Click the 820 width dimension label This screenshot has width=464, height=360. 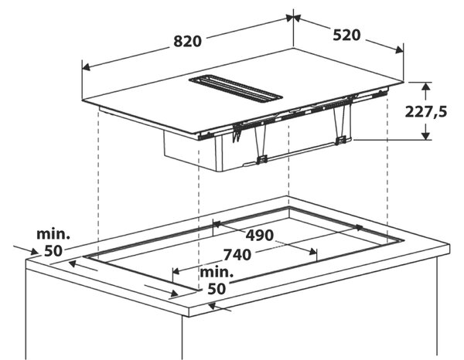pyautogui.click(x=187, y=42)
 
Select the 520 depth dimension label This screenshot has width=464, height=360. pyautogui.click(x=346, y=36)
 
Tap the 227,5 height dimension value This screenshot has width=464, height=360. pyautogui.click(x=425, y=112)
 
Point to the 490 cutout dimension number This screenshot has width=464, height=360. pyautogui.click(x=260, y=236)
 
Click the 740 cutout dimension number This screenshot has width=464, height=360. pyautogui.click(x=237, y=255)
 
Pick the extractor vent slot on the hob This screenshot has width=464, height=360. pyautogui.click(x=236, y=90)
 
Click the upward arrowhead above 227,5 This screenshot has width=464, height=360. pyautogui.click(x=425, y=87)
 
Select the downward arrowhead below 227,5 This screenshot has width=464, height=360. pyautogui.click(x=425, y=135)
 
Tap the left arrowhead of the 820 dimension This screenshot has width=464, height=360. pyautogui.click(x=86, y=67)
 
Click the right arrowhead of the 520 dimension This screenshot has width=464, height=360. pyautogui.click(x=399, y=49)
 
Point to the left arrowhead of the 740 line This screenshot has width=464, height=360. pyautogui.click(x=176, y=270)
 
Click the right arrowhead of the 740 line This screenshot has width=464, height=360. pyautogui.click(x=312, y=252)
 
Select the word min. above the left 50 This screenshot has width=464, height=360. pyautogui.click(x=53, y=234)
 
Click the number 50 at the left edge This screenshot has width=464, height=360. pyautogui.click(x=53, y=251)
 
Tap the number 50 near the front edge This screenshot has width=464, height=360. pyautogui.click(x=217, y=289)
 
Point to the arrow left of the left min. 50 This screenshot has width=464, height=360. pyautogui.click(x=26, y=250)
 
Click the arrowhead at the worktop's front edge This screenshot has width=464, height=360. pyautogui.click(x=213, y=307)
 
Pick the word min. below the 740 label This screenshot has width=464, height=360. pyautogui.click(x=217, y=272)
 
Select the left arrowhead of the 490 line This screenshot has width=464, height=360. pyautogui.click(x=217, y=224)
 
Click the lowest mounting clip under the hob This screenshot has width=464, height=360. pyautogui.click(x=261, y=160)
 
